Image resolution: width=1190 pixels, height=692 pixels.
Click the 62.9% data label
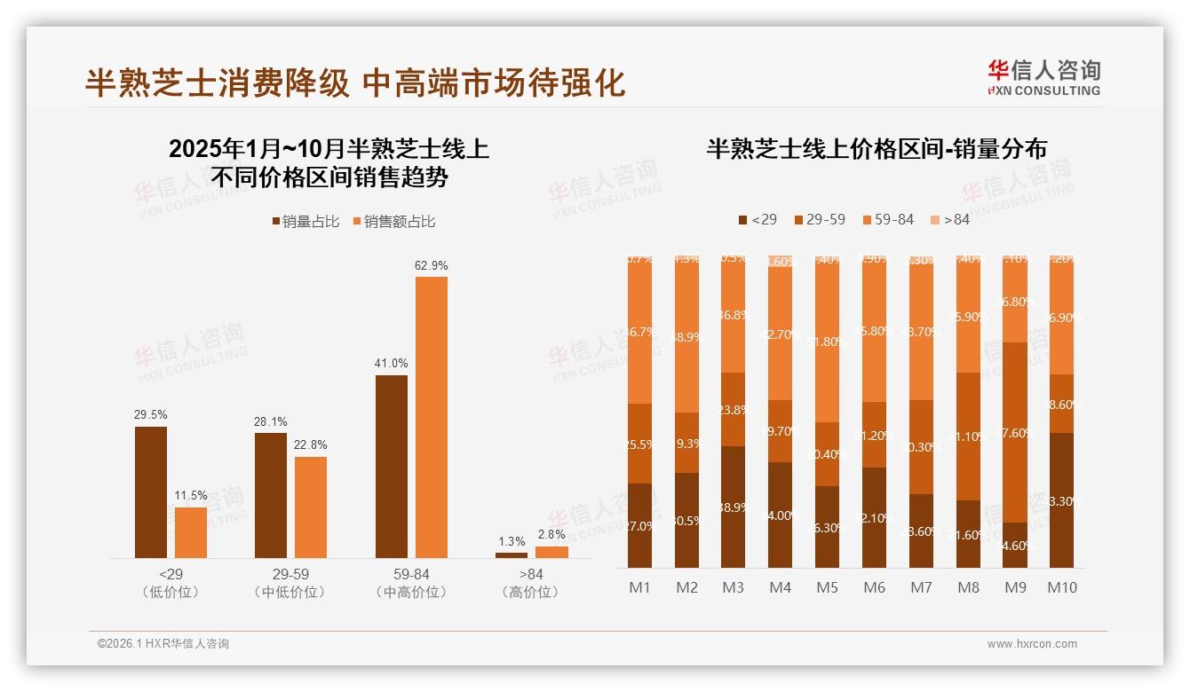coord(431,265)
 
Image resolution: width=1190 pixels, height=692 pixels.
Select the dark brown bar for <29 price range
coord(151,492)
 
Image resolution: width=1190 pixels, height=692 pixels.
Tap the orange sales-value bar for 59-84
coord(431,417)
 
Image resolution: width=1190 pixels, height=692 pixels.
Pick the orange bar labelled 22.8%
coord(311,507)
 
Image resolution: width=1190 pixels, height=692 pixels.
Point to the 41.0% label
coord(391,364)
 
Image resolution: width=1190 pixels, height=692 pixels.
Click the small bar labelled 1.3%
coord(512,554)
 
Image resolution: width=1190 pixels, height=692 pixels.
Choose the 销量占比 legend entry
coord(305,222)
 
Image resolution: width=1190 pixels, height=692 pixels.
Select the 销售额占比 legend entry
coord(394,222)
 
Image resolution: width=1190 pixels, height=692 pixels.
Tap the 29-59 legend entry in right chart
coord(819,219)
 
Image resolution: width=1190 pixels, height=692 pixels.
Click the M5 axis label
coord(827,587)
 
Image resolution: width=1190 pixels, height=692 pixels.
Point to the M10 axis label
coord(1061,587)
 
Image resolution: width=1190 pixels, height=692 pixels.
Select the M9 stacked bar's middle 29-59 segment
coord(1014,432)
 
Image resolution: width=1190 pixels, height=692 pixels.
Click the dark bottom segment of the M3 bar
coord(733,507)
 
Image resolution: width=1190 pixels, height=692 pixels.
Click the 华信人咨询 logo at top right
coord(1043,77)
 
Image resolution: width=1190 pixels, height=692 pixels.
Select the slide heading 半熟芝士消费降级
coord(217,83)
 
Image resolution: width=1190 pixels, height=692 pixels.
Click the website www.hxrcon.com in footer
coord(1032,644)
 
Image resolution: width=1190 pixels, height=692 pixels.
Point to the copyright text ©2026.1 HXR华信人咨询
coord(163,644)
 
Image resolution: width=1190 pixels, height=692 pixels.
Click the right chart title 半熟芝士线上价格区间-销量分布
coord(877,148)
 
